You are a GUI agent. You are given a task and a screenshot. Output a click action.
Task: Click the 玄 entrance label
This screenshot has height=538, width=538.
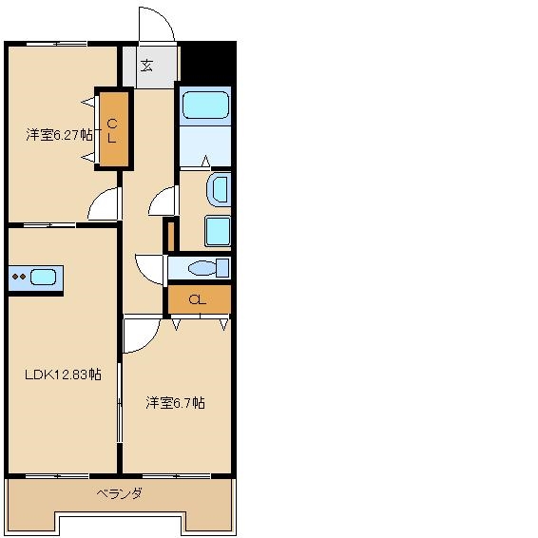coord(146,66)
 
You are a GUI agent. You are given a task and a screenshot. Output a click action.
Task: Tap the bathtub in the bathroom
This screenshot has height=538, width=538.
coord(205,105)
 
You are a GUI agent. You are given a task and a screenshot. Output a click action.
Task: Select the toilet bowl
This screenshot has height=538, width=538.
coord(202,268)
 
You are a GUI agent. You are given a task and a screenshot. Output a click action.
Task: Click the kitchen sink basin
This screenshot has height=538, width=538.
coord(43,277)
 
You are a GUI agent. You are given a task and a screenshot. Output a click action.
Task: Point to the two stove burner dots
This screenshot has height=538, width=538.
coord(18,277)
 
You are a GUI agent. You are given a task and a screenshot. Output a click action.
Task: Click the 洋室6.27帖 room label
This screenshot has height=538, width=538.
coord(59,135)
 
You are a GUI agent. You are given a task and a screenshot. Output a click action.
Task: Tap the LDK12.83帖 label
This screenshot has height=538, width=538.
coord(63,374)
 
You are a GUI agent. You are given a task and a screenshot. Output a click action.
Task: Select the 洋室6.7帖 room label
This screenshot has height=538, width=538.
coord(175,402)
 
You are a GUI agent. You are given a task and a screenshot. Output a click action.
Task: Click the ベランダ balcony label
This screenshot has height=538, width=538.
coord(119,493)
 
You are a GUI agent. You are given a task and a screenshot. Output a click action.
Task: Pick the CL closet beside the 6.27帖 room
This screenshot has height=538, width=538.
coord(114,129)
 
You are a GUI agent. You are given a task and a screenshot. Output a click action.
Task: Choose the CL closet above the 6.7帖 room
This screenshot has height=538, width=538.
coord(200,299)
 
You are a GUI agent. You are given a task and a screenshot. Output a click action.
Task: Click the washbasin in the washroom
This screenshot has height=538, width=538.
coord(219,190)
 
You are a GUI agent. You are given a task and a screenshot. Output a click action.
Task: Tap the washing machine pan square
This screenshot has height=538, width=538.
coord(218,231)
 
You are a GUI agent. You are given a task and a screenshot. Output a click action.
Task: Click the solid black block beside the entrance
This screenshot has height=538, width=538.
coord(208,63)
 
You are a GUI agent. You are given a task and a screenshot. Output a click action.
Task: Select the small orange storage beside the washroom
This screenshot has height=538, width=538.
coord(171,237)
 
